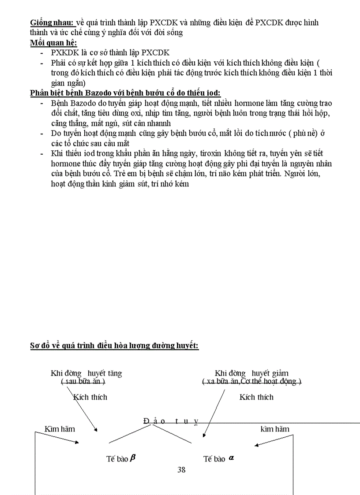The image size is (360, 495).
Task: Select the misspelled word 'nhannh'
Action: click(159, 123)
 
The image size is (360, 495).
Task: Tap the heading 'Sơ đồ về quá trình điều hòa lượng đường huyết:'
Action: click(114, 346)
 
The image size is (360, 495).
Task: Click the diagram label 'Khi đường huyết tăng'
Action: click(86, 373)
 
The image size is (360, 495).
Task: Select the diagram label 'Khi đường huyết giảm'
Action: click(251, 373)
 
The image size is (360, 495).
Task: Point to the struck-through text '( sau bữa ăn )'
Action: click(86, 382)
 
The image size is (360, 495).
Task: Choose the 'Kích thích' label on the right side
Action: click(256, 397)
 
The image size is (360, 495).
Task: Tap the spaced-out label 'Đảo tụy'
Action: click(171, 421)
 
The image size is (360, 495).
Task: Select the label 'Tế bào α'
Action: click(218, 459)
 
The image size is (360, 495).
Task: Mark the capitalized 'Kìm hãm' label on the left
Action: click(60, 429)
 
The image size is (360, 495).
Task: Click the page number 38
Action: click(181, 469)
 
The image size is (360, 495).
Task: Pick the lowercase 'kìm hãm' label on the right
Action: click(275, 429)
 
